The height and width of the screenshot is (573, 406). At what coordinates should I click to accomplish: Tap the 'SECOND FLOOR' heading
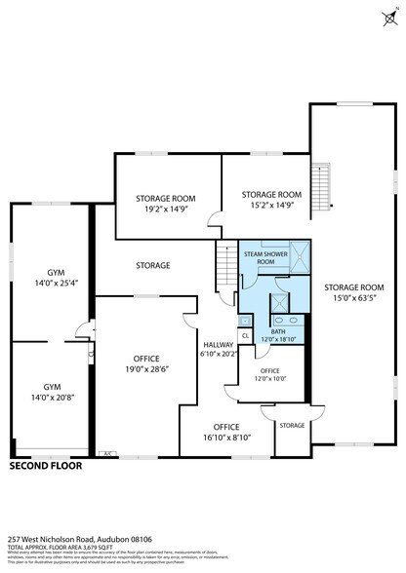point(46,466)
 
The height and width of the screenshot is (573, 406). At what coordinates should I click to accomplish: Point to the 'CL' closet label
point(245,336)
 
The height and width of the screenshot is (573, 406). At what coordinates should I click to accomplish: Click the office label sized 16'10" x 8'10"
point(226,438)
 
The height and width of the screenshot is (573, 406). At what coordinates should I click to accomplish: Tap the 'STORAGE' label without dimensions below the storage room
point(153,265)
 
